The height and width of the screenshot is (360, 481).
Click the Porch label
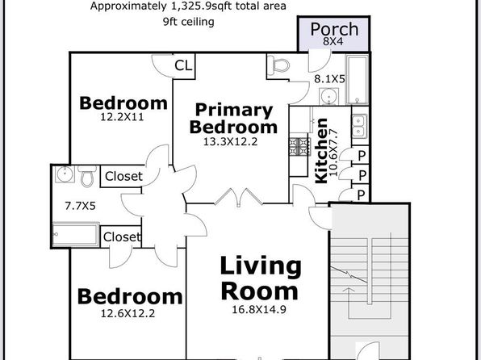coord(334,30)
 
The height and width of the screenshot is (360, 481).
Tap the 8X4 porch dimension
coord(333,41)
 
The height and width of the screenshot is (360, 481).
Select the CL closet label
coord(183,65)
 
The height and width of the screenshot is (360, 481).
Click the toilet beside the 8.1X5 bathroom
coord(278,65)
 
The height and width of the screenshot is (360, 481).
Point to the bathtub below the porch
coord(357,80)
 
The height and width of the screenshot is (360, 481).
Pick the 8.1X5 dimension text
coord(329,79)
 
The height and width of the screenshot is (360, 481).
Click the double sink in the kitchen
coord(359,126)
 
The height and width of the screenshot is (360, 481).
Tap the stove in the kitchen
coord(299,147)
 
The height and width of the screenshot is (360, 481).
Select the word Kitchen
coord(321,151)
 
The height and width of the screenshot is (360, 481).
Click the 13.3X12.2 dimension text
coord(231,142)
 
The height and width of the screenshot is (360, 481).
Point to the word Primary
coord(234,111)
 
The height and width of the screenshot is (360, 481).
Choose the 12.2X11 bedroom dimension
coord(122,117)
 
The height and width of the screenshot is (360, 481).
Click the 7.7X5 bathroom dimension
coord(81,206)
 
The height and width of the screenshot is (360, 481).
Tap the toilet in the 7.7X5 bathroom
coord(87,176)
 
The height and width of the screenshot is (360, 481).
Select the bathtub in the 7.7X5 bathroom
coord(76,235)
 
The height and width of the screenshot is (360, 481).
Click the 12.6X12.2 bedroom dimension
coord(128,313)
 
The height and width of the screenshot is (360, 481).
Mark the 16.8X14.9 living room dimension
coord(259,309)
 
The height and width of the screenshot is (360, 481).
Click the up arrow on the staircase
coord(349,303)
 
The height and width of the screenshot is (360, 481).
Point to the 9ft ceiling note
coord(189,22)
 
